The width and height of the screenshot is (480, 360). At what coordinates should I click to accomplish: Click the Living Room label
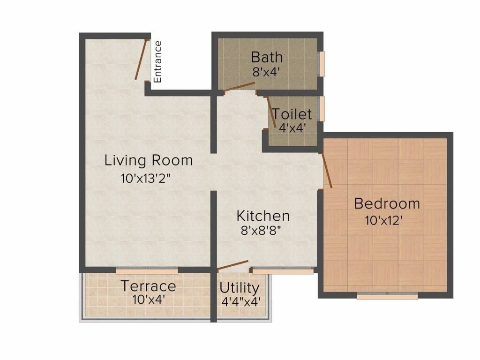coord(148,160)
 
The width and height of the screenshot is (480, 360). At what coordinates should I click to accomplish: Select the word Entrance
coord(158,61)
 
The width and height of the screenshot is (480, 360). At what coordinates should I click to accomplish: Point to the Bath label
coord(267,57)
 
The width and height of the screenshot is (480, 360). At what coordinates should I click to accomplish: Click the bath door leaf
coord(240,87)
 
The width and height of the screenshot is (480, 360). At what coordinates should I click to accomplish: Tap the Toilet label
coord(292,114)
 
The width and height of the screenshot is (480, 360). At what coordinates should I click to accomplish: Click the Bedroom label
coord(387,204)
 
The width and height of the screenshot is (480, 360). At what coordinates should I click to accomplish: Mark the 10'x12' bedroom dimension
coord(384,220)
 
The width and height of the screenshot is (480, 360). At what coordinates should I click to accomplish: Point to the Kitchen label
coord(263,216)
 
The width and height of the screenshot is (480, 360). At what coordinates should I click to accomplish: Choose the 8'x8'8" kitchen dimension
coord(261,231)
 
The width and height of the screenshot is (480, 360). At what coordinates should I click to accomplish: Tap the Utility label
coord(239,287)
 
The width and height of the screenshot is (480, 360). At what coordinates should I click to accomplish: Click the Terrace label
coord(149,285)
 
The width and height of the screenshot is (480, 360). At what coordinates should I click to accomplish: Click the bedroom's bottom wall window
coord(387,296)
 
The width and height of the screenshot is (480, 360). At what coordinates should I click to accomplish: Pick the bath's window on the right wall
coord(322,63)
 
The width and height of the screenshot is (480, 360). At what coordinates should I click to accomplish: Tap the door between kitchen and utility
coord(233,265)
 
